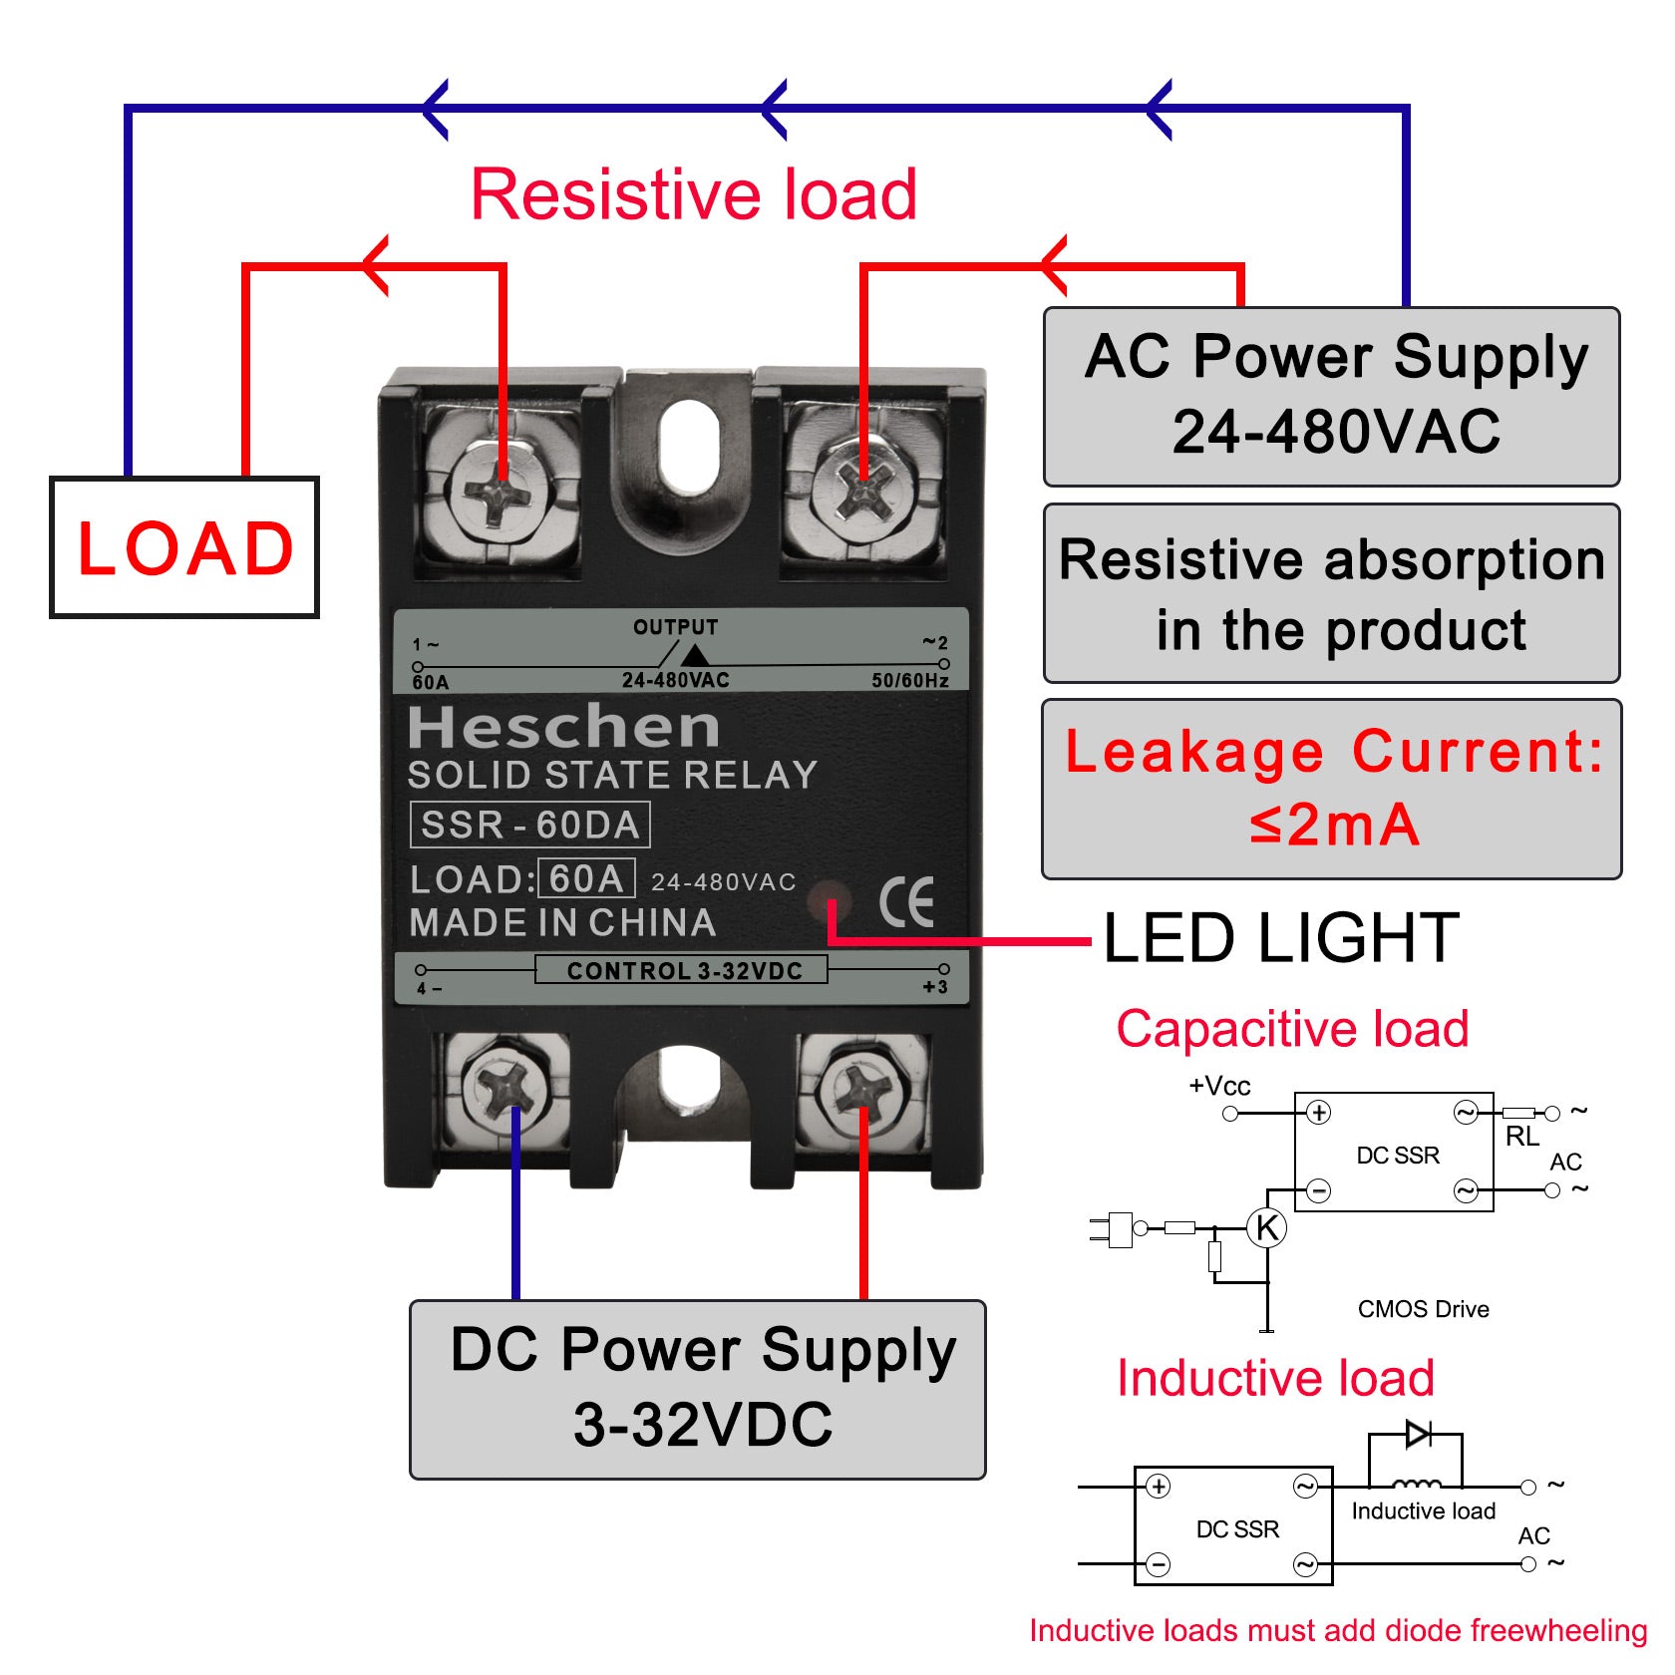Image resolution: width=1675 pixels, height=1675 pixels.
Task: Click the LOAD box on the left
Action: [x=184, y=547]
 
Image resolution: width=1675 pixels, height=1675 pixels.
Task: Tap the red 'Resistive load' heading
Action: [x=694, y=194]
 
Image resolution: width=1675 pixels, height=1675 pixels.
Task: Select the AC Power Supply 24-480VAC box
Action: [x=1332, y=396]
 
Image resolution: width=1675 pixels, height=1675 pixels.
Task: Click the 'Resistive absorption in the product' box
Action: [x=1332, y=594]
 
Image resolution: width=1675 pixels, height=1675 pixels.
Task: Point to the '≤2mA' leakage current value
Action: [x=1334, y=826]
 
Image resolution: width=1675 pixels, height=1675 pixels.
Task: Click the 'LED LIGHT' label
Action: [x=1280, y=938]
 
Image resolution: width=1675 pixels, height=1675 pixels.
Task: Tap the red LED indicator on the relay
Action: [x=828, y=902]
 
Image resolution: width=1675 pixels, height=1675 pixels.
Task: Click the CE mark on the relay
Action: [x=906, y=902]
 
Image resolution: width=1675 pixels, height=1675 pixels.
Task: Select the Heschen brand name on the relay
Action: [x=563, y=727]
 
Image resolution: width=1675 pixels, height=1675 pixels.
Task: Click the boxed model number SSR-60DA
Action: [x=530, y=826]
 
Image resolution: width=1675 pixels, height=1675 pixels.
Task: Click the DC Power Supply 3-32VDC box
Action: [x=698, y=1389]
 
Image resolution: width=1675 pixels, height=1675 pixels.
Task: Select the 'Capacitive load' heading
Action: [x=1292, y=1029]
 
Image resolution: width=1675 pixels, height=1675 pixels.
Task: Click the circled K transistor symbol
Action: [x=1267, y=1227]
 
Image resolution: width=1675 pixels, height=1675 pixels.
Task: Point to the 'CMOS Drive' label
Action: [x=1423, y=1309]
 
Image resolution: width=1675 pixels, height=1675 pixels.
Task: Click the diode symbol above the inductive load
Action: [x=1418, y=1435]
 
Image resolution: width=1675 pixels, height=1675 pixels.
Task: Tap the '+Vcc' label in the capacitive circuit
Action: [x=1219, y=1086]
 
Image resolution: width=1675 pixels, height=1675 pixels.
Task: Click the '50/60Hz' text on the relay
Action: [x=909, y=681]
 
